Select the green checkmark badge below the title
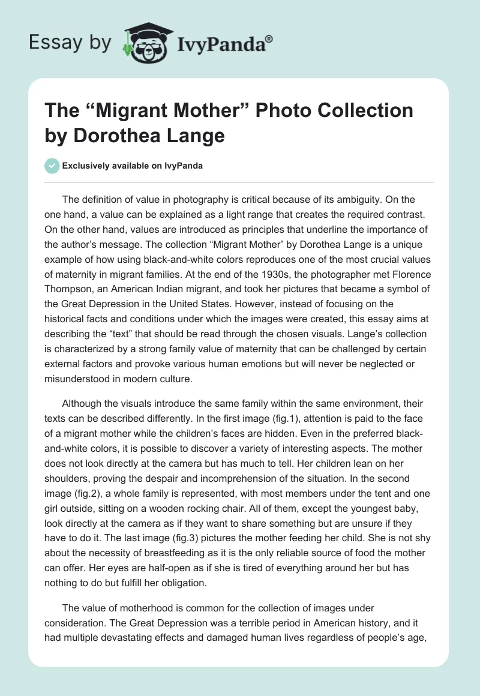point(52,166)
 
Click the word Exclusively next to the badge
point(87,166)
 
